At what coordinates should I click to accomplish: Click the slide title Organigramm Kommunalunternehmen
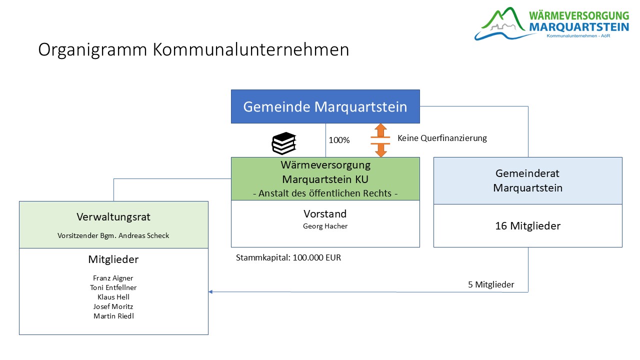pyautogui.click(x=193, y=50)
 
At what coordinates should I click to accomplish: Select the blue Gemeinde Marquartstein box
pyautogui.click(x=325, y=106)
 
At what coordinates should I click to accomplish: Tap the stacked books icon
pyautogui.click(x=284, y=143)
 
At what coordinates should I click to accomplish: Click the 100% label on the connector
pyautogui.click(x=339, y=140)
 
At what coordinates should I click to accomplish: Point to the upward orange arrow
pyautogui.click(x=381, y=130)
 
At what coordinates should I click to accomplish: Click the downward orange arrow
pyautogui.click(x=381, y=150)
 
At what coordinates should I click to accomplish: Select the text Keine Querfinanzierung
pyautogui.click(x=442, y=138)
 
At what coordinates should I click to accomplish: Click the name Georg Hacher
pyautogui.click(x=325, y=226)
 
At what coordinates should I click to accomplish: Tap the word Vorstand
pyautogui.click(x=325, y=213)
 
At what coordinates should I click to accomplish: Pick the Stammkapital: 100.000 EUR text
pyautogui.click(x=288, y=258)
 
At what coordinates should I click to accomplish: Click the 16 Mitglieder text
pyautogui.click(x=527, y=226)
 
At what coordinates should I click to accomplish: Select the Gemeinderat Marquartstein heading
pyautogui.click(x=527, y=180)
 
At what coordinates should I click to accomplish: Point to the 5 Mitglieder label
pyautogui.click(x=491, y=285)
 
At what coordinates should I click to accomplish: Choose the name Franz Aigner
pyautogui.click(x=113, y=278)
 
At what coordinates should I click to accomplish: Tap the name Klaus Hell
pyautogui.click(x=113, y=297)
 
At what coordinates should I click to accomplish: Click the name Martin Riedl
pyautogui.click(x=113, y=316)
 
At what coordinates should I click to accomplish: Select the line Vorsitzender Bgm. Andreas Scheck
pyautogui.click(x=113, y=235)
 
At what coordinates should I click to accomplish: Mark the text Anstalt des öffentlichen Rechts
pyautogui.click(x=325, y=193)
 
